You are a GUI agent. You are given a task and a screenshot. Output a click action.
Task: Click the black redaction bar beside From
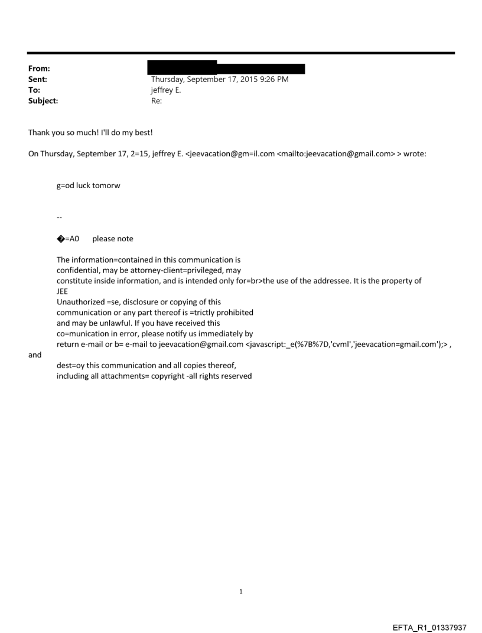click(x=227, y=67)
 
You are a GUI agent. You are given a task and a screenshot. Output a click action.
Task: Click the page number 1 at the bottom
click(x=241, y=591)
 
